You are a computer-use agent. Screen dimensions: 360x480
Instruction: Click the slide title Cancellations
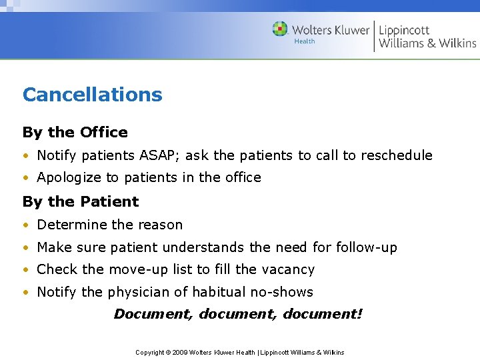point(92,95)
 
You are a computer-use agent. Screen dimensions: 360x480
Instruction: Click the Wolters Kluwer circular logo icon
point(280,29)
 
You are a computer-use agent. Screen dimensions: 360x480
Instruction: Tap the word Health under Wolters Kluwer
point(305,41)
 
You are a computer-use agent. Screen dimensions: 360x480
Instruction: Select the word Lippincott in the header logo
point(404,30)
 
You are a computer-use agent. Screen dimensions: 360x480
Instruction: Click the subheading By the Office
point(75,132)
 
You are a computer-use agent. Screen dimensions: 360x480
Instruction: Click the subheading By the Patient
point(81,201)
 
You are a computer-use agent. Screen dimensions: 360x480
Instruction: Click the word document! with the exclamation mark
point(323,313)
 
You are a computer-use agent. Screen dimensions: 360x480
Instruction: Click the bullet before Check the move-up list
point(26,270)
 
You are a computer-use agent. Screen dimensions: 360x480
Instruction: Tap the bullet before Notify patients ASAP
point(26,156)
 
